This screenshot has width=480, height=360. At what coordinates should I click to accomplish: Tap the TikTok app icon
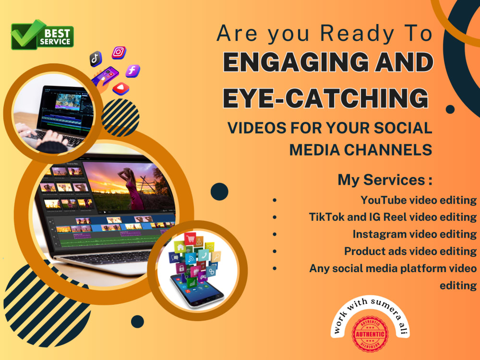(x=96, y=59)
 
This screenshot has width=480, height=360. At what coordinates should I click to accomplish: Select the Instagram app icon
(x=119, y=52)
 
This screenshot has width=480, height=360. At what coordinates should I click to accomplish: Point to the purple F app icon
(x=132, y=71)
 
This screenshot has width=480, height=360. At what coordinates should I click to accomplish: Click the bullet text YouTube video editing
(x=419, y=200)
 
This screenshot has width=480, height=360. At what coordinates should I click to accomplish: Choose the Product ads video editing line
(x=410, y=251)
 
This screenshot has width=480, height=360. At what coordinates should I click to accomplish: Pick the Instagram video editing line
(x=414, y=234)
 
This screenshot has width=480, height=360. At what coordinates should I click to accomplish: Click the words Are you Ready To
(x=324, y=34)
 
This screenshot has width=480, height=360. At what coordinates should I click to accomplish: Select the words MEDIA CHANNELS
(x=360, y=149)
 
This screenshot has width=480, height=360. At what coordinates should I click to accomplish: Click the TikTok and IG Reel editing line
(x=393, y=217)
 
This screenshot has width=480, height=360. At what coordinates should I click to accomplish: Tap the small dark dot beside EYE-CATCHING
(x=450, y=109)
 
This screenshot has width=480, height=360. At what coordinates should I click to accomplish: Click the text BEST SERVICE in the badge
(x=58, y=37)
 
